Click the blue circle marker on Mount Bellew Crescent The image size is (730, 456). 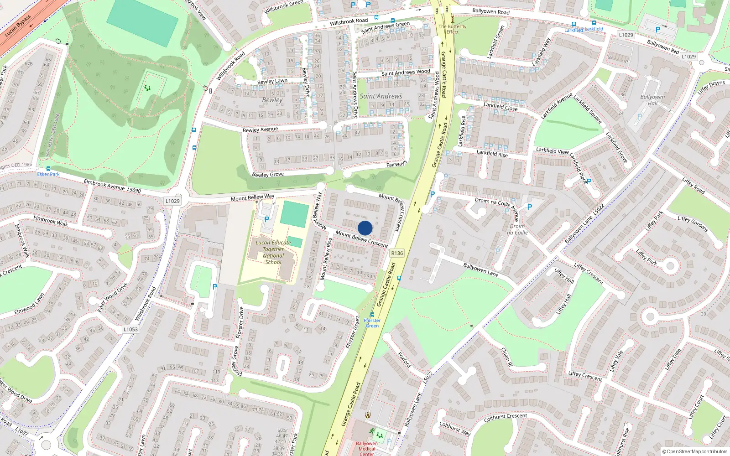tap(365, 228)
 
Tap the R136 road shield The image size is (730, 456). tap(397, 253)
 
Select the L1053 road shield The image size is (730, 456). tap(130, 329)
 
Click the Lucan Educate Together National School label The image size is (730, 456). tap(273, 252)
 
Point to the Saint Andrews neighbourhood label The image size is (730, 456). tap(381, 96)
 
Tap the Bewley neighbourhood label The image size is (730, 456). tap(272, 100)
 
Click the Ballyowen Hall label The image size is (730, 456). tap(652, 100)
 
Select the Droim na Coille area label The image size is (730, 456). tap(517, 229)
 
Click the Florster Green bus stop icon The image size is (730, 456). tap(372, 315)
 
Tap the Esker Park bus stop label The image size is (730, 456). tap(48, 174)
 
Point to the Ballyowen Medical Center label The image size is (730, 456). tap(367, 448)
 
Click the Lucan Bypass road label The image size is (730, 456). tap(18, 26)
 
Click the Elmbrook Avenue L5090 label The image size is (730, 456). tap(112, 186)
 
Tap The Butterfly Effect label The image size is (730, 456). tap(453, 29)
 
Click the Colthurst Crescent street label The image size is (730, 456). tap(505, 416)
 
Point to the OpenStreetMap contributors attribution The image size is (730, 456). tap(695, 451)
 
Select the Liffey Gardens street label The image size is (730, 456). tap(693, 224)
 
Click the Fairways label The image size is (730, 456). tap(396, 164)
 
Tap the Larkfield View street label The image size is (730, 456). tap(552, 150)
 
